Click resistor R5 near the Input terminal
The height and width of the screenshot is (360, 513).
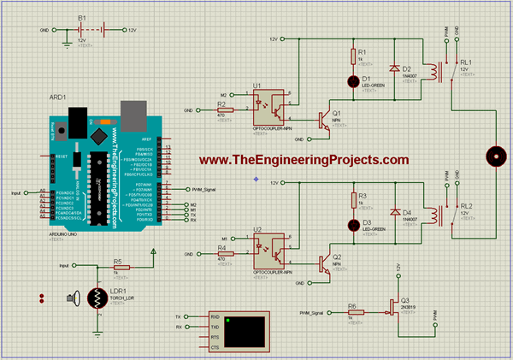pos(121,267)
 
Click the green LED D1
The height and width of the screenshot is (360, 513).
pos(353,81)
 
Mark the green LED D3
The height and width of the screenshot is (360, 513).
pos(353,225)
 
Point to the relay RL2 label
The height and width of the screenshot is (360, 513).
pos(466,206)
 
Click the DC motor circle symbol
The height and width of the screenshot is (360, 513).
pos(496,156)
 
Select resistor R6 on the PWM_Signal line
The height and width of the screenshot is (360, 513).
pos(351,312)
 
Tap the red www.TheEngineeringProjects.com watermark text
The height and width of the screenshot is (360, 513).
pos(304,160)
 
